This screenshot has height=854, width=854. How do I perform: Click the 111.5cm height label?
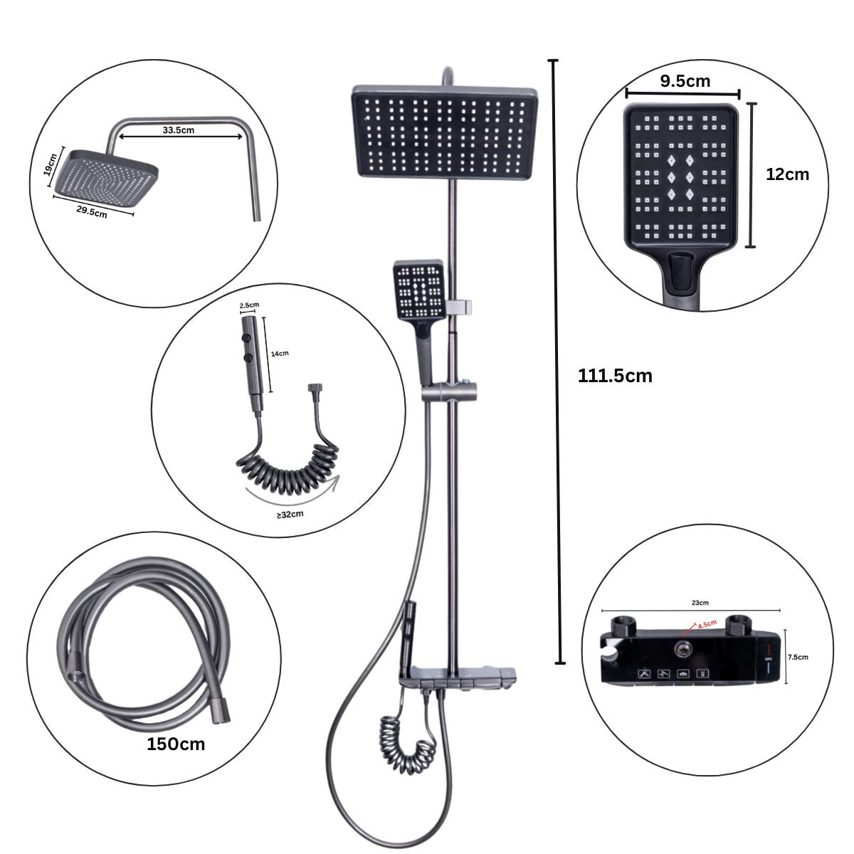point(615,376)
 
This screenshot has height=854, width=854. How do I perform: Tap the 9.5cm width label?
point(685,81)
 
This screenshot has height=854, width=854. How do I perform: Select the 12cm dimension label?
point(787,174)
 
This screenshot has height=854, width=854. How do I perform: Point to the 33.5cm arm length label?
point(178,130)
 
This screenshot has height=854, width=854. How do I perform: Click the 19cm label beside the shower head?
point(51,164)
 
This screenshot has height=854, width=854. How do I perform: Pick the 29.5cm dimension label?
point(91,211)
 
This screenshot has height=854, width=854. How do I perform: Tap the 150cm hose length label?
point(176,744)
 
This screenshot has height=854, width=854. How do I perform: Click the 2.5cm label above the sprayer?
point(249,305)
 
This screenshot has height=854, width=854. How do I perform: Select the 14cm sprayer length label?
point(280,353)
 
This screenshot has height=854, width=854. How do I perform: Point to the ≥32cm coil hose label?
point(290,514)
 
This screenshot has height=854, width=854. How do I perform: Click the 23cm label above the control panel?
point(700,602)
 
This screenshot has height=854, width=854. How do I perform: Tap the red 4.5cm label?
point(707,624)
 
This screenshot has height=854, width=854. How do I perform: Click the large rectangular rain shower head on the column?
point(445,132)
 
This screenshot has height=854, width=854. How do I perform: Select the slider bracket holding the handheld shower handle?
point(449,391)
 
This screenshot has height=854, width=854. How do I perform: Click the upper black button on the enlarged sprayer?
point(246,338)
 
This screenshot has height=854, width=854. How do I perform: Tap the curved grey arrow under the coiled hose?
point(293,492)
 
